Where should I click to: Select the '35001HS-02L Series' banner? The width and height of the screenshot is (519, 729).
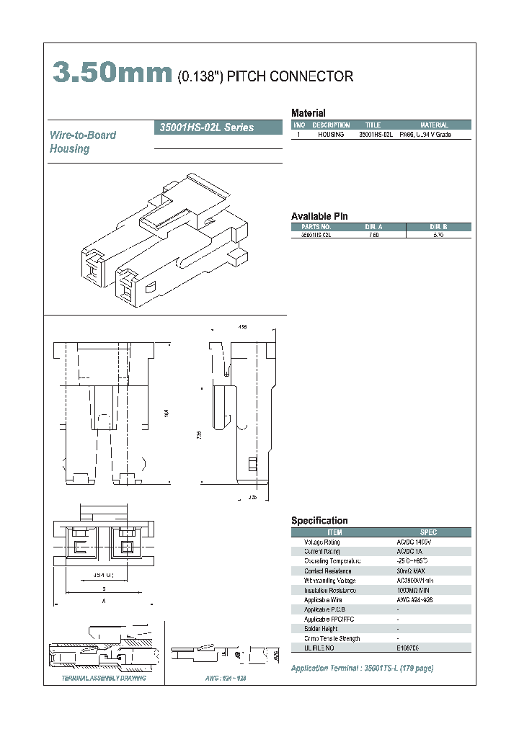coord(205,128)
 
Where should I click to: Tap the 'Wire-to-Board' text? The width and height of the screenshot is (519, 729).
coord(82,135)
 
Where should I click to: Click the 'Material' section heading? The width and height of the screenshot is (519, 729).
coord(308,113)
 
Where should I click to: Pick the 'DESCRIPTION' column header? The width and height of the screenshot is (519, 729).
coord(331,125)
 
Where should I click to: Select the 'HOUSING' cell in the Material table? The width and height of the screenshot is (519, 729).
coord(331,135)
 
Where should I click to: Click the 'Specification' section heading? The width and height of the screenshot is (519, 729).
coord(319,520)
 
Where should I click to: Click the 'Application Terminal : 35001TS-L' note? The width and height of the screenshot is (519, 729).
coord(362,668)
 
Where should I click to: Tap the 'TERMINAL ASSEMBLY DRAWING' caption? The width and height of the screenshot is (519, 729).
coord(103,679)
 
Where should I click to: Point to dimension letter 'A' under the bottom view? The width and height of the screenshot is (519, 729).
coord(104,599)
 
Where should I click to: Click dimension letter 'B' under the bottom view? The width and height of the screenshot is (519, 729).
coord(104,588)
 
